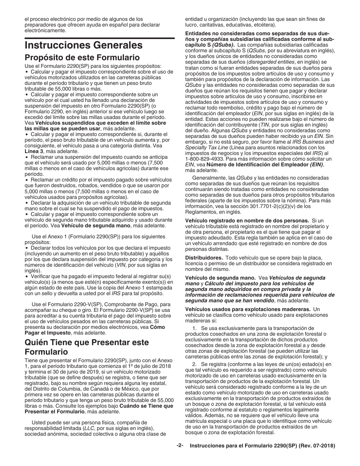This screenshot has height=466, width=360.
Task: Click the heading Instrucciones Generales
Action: click(78, 45)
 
